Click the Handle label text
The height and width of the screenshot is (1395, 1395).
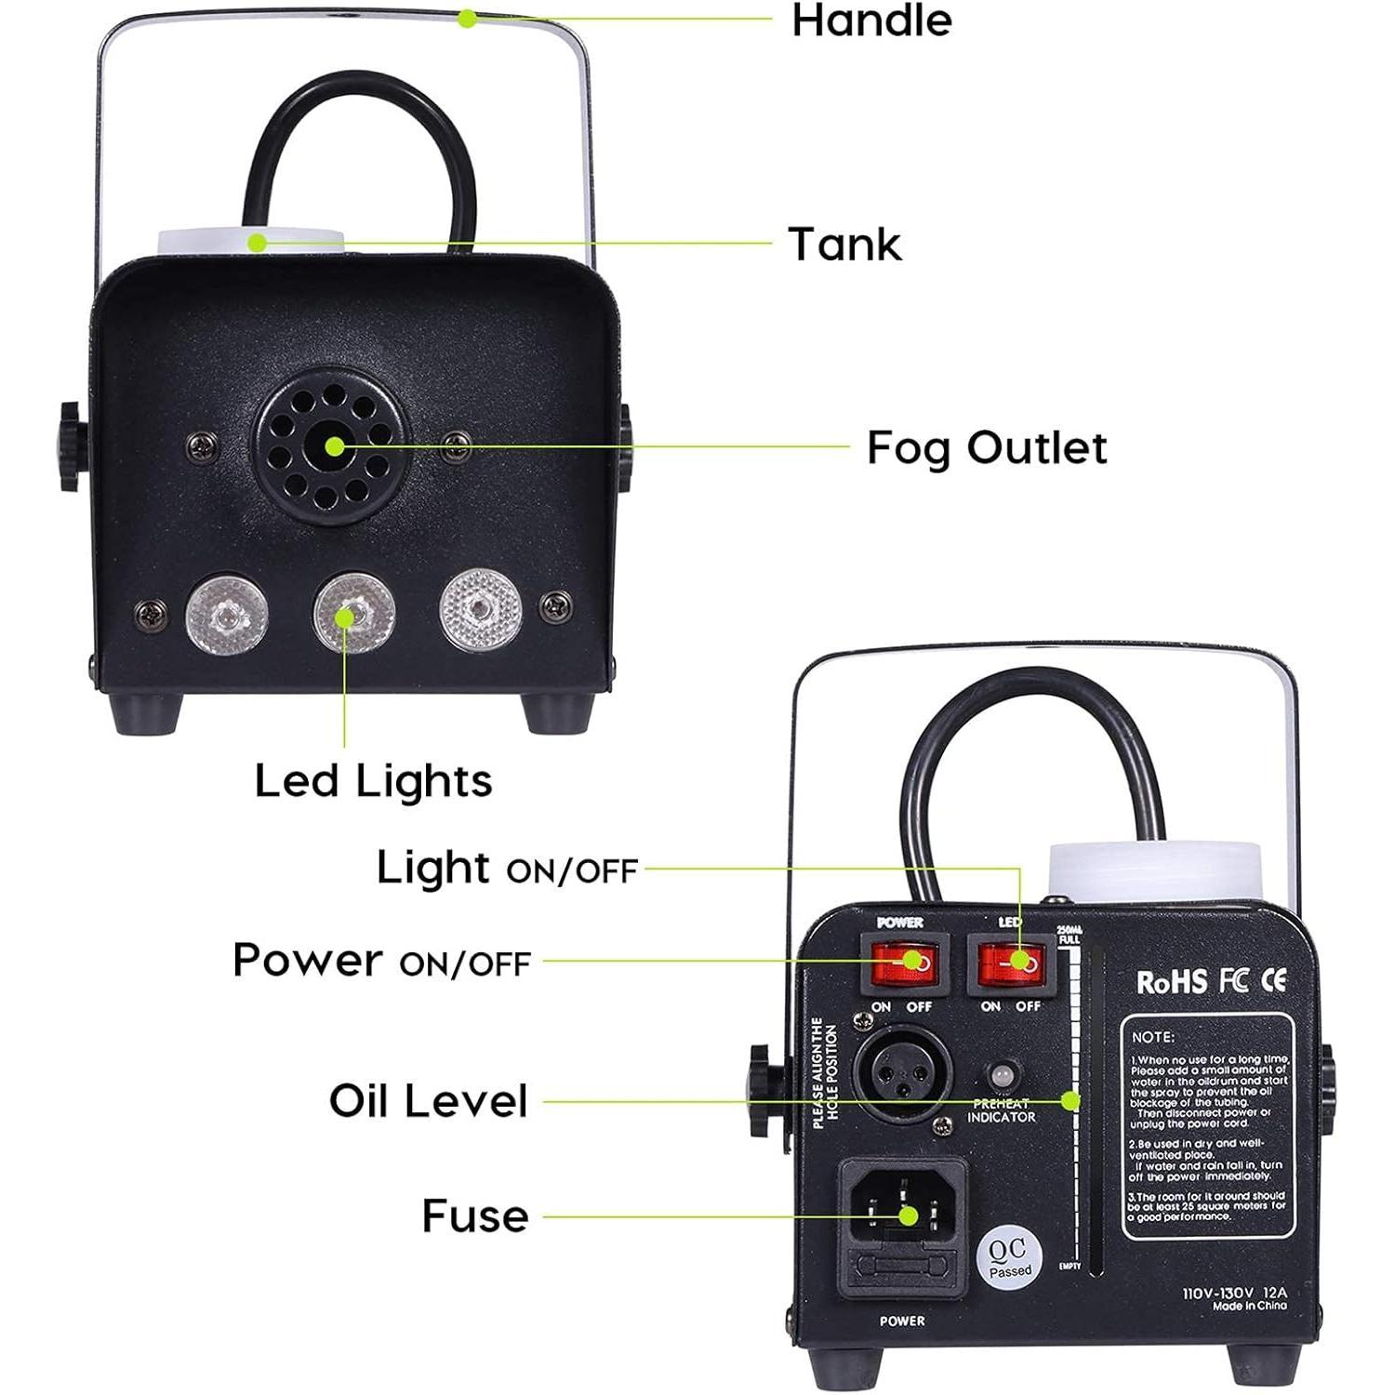(871, 20)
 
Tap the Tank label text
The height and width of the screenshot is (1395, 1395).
(844, 245)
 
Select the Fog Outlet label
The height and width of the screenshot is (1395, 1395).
(986, 447)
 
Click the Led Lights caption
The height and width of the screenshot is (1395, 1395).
(373, 780)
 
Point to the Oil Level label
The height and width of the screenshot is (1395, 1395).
(428, 1100)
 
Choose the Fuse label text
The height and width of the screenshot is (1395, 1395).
(474, 1216)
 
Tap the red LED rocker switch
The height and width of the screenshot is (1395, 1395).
(1010, 963)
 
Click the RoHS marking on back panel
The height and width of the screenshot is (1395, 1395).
(1171, 982)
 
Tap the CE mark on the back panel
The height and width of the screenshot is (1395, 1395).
(1274, 980)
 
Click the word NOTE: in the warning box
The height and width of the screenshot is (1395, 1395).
(1153, 1036)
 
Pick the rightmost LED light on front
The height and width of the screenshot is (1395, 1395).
(480, 610)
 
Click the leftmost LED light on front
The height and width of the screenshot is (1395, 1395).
(226, 616)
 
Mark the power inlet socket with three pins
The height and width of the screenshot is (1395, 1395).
(902, 1211)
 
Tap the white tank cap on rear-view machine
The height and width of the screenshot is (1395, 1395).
(1154, 867)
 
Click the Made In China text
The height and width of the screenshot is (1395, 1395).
(1249, 1306)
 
